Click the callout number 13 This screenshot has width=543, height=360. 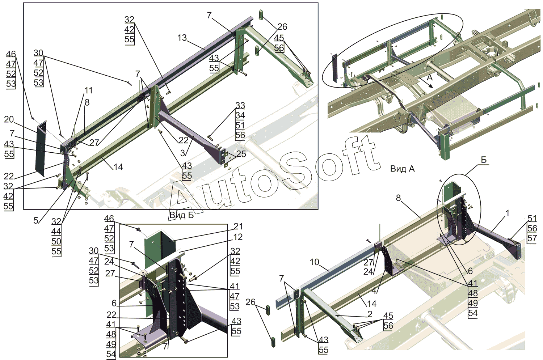tap(182, 38)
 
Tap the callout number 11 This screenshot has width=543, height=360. tap(88, 90)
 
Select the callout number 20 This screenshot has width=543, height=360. tap(9, 119)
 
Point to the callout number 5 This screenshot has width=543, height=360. tap(36, 220)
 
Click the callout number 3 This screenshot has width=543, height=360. tap(183, 153)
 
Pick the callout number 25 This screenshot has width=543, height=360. tap(241, 154)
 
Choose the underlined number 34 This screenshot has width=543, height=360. tap(240, 115)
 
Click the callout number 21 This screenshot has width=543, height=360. tap(238, 226)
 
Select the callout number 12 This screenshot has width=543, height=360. tap(238, 237)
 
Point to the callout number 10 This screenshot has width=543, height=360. tap(315, 262)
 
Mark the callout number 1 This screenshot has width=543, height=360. tap(508, 213)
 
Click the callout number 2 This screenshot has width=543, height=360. tap(370, 314)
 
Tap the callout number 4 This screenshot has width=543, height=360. tap(374, 291)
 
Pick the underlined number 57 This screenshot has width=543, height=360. tap(532, 238)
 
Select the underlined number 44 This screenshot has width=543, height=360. tap(56, 231)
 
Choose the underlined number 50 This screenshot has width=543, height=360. tap(56, 241)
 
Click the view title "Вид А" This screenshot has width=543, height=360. tap(403, 169)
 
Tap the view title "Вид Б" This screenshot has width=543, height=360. tap(182, 215)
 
